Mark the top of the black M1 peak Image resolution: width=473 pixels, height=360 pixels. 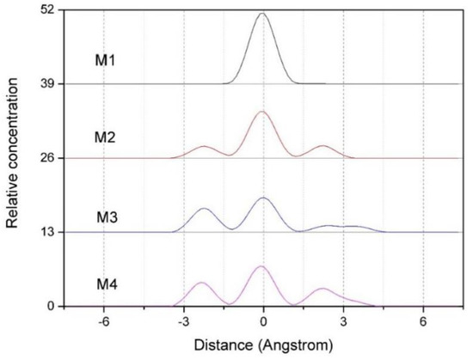(262, 13)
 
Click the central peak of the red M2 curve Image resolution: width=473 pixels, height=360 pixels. (262, 112)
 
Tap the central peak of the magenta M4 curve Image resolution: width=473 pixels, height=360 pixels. (261, 266)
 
